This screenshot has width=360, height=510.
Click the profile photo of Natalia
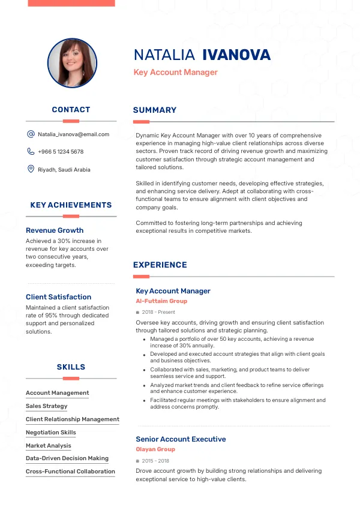tap(72, 63)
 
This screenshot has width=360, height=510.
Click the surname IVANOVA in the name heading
tap(236, 55)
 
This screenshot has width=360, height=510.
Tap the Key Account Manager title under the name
tap(175, 73)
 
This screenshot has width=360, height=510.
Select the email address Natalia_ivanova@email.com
tap(73, 134)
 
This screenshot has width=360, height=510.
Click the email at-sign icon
tap(31, 134)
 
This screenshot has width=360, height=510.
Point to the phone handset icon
tap(31, 152)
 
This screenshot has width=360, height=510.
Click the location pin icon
tap(31, 169)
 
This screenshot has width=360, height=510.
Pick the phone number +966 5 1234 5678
tap(61, 152)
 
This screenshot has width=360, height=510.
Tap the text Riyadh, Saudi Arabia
tap(64, 170)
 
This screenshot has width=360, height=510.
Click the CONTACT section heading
tap(71, 110)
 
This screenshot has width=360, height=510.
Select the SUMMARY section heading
tap(155, 110)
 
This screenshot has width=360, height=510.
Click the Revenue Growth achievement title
tap(55, 230)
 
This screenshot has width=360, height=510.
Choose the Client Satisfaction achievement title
tap(59, 297)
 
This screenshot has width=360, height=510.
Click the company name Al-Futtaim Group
tap(161, 301)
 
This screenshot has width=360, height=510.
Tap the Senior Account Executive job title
tap(181, 439)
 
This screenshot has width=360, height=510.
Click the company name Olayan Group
tap(155, 449)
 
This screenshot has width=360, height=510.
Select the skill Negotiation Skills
tap(51, 433)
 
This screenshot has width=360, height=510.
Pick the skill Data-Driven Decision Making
tap(67, 458)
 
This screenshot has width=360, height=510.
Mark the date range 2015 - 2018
tap(155, 461)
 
